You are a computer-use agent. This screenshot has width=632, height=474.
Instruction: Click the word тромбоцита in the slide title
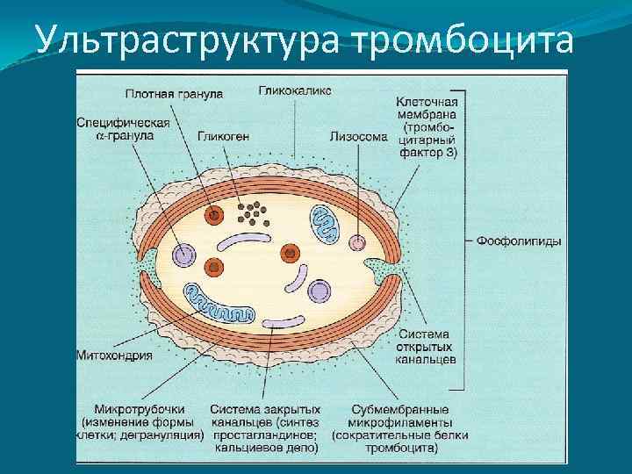(465, 40)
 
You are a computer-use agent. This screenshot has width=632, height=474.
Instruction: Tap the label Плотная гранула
(173, 92)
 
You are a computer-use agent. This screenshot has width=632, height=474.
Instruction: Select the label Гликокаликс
(295, 90)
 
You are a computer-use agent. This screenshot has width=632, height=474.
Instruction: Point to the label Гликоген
(222, 136)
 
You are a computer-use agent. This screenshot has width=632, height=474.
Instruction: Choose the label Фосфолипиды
(518, 241)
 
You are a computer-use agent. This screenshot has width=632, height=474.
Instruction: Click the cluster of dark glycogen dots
(253, 211)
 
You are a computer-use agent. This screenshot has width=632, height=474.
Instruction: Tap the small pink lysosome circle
(358, 242)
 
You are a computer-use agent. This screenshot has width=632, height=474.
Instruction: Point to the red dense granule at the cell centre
(288, 254)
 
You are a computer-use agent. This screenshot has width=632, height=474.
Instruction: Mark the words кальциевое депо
(264, 447)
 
